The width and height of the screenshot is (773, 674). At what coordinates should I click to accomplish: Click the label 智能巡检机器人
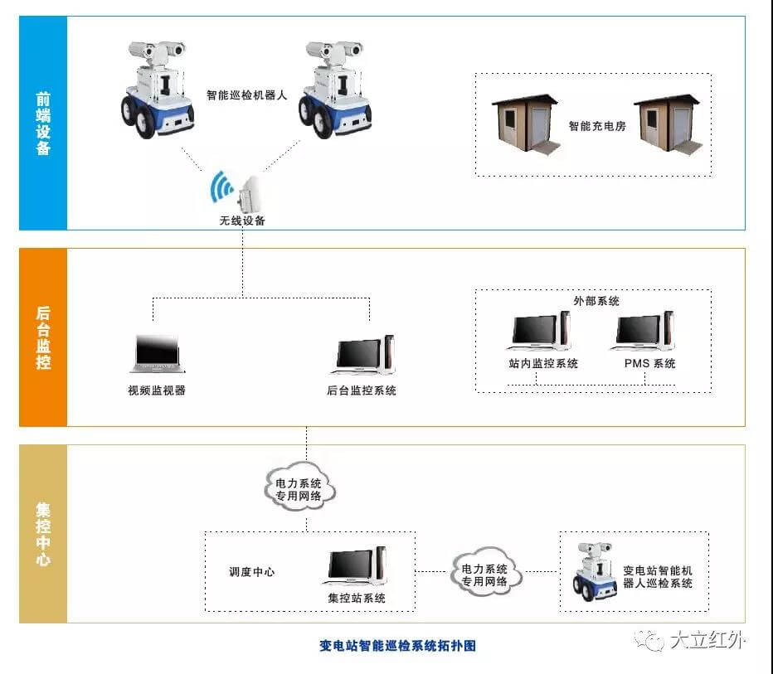point(247,95)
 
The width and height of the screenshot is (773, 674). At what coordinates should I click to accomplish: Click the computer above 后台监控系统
point(364,355)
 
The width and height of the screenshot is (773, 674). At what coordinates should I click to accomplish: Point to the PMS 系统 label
point(649,363)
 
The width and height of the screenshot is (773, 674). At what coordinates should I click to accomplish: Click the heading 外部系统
point(596,301)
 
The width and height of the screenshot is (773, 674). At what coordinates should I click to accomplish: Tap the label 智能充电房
point(596,126)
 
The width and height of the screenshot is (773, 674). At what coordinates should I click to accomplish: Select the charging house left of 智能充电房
point(525,126)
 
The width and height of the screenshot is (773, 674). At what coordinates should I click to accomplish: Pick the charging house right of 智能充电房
point(667,126)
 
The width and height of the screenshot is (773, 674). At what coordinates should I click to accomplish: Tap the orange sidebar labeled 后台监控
point(43,337)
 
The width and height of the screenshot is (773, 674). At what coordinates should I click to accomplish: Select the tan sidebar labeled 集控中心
point(43,533)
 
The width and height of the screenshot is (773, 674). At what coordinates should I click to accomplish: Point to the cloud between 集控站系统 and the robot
point(485,572)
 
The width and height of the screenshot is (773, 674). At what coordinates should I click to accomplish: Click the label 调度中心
point(251,572)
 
